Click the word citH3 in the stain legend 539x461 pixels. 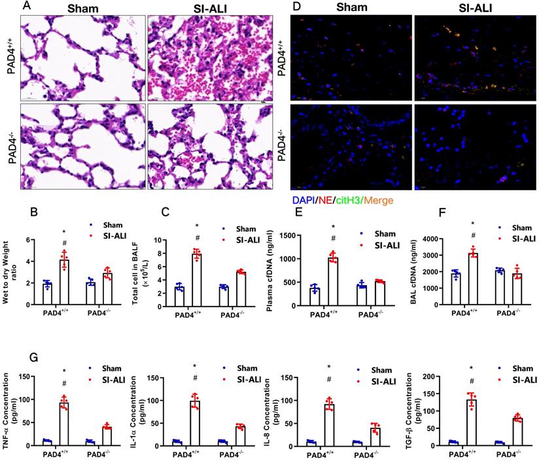349,200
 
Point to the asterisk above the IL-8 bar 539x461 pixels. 329,366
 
